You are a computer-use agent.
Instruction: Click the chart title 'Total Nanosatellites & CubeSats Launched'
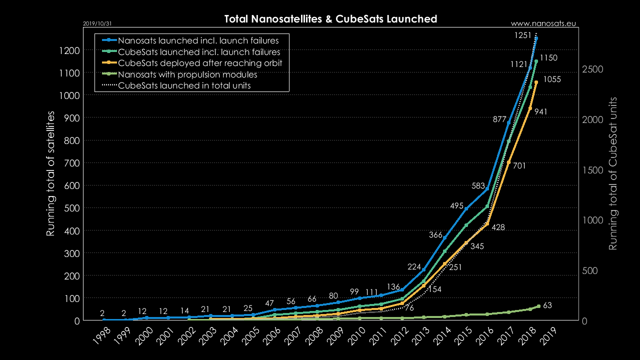tap(330, 19)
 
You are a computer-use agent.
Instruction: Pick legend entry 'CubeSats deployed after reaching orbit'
tap(200, 63)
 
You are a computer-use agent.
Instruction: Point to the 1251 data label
tap(523, 35)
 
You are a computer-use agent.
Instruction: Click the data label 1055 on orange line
tap(552, 79)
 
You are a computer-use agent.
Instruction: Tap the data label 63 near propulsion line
tap(547, 305)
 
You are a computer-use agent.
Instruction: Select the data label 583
tap(478, 185)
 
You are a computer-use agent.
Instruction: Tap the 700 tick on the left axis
tap(70, 163)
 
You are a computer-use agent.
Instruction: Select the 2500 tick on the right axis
tap(594, 69)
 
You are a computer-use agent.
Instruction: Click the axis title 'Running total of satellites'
tap(50, 173)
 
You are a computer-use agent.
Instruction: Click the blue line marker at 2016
tap(487, 188)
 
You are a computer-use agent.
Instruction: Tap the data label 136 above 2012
tap(393, 287)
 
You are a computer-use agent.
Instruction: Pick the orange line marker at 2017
tap(508, 162)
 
